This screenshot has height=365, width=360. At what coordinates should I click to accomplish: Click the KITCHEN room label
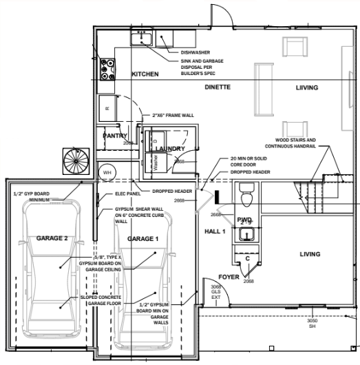point(145,74)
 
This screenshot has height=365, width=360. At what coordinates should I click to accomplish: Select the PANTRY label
point(115,136)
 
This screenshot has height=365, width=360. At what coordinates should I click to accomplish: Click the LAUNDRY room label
point(170,148)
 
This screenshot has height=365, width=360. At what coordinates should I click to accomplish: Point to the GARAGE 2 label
point(52,238)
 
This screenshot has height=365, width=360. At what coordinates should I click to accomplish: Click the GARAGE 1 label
point(143,238)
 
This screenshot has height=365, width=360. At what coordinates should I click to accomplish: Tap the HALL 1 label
point(215,231)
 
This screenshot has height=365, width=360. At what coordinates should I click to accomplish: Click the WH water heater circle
point(107,171)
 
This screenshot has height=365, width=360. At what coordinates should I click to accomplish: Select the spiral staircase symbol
point(74,163)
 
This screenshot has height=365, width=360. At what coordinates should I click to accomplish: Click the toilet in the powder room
point(248,198)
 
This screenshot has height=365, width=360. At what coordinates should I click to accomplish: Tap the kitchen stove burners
point(107,68)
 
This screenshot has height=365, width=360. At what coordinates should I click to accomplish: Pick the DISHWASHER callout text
point(195,52)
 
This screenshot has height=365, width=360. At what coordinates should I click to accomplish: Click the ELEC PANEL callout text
point(128,196)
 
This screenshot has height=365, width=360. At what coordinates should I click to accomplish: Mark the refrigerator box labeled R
point(107,107)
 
